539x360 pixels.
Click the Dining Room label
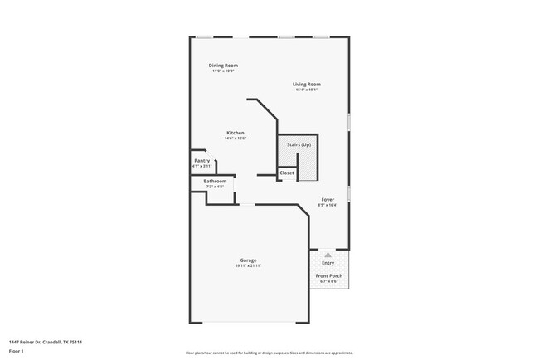(x=224, y=65)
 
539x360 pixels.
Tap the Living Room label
(x=307, y=84)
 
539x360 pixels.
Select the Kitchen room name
(x=236, y=133)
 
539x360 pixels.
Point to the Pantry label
(x=202, y=161)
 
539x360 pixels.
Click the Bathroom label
(x=215, y=181)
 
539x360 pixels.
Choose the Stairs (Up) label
(x=299, y=144)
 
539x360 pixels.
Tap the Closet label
(x=286, y=173)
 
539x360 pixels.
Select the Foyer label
(x=329, y=200)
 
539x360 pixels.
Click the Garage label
(x=249, y=260)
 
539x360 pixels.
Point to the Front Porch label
(x=328, y=275)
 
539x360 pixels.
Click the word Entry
(x=328, y=263)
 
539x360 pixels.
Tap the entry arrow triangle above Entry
(x=328, y=255)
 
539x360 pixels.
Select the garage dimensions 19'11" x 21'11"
(x=249, y=266)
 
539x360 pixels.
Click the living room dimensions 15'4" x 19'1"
(x=307, y=90)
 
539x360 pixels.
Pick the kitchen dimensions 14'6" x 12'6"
(x=236, y=139)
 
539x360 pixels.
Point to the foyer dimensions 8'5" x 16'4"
(x=329, y=206)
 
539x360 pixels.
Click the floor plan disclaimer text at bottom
(x=269, y=352)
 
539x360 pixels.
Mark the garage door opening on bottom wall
(x=249, y=322)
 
